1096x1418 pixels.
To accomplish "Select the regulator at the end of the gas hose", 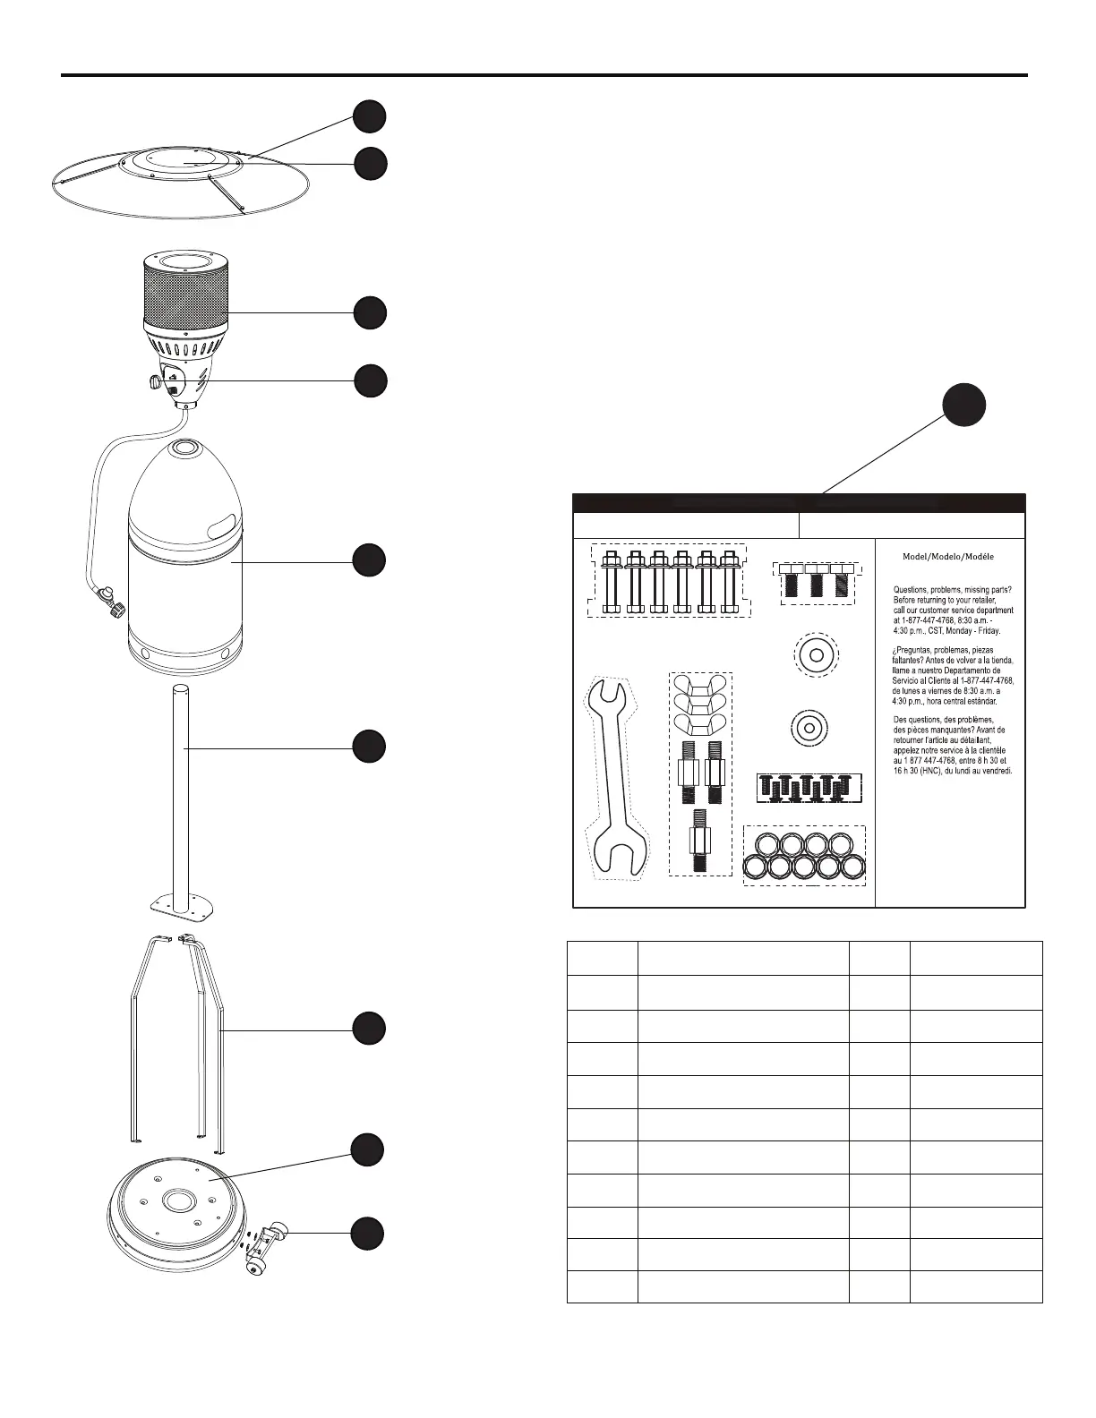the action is tap(111, 597).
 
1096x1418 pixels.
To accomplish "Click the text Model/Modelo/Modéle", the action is tap(947, 556).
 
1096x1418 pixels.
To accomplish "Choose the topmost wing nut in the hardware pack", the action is tap(700, 687).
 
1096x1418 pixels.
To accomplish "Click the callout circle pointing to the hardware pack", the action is tap(966, 405).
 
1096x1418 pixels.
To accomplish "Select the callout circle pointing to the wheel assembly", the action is tap(368, 1233).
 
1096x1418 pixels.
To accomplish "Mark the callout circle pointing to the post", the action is tap(368, 747).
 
